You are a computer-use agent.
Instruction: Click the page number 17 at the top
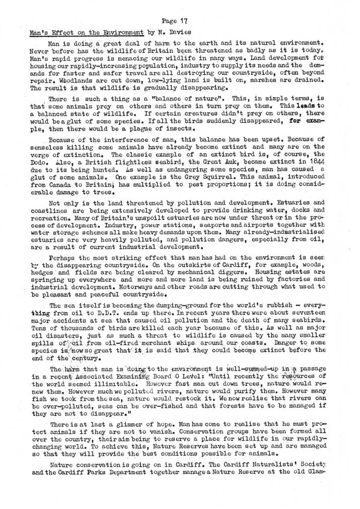(x=183, y=21)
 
